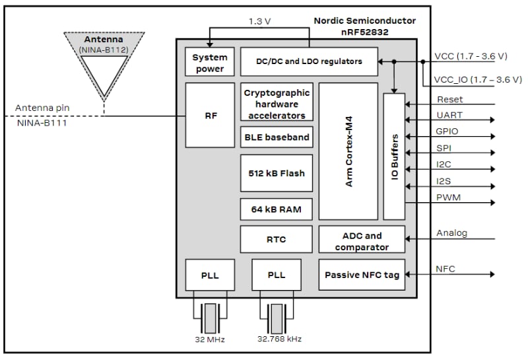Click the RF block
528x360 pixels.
pos(210,115)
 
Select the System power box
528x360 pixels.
pos(209,63)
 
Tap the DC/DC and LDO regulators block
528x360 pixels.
pos(309,61)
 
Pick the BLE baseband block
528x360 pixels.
pos(277,137)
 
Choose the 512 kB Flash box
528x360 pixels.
pos(277,173)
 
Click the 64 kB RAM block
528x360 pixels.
pos(277,209)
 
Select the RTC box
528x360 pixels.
pos(277,239)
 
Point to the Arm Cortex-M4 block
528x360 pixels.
pos(348,151)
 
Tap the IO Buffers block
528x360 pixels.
pos(394,156)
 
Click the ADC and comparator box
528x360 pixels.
pos(362,241)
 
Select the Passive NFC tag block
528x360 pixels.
pos(362,274)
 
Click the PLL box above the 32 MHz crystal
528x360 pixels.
pos(210,274)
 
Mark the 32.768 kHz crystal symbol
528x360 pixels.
pos(276,318)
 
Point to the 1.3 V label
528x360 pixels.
pos(259,21)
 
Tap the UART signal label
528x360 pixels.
pos(449,116)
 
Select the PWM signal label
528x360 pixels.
pos(449,197)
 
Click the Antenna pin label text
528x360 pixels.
pos(42,108)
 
